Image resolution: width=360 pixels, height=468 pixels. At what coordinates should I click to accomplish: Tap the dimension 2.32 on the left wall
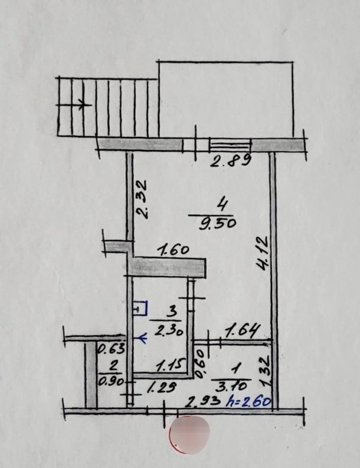point(140,199)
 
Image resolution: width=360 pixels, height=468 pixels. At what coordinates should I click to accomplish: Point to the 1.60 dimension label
point(173,250)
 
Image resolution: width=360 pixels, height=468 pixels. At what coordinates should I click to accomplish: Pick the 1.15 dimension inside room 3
point(171,366)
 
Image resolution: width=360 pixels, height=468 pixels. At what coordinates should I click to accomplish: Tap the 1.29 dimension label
point(162,387)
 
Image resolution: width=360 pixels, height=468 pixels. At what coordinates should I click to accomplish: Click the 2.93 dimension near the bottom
point(203,402)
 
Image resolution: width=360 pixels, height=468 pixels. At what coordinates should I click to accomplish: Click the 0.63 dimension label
point(111,349)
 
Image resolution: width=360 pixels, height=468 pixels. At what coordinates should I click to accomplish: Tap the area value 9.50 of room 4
point(217,222)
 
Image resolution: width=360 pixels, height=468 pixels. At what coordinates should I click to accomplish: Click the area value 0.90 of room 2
point(110,382)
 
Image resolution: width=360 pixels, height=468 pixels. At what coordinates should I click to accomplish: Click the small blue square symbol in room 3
point(140,308)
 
